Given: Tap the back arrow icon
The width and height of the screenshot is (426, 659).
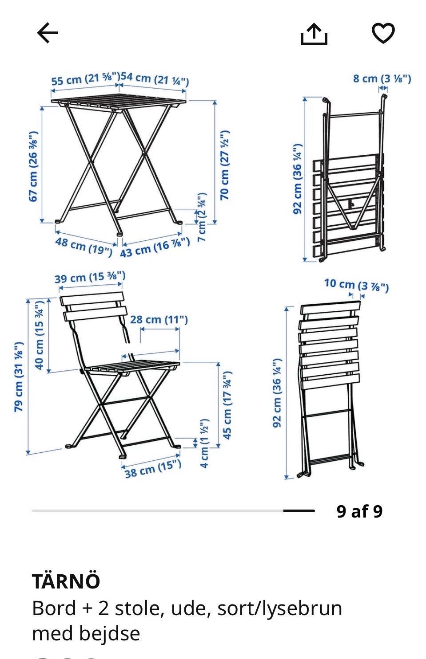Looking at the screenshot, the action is (48, 33).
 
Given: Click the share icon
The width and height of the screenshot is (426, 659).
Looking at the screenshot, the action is (314, 34).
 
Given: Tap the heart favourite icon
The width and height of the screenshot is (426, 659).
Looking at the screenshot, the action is (383, 33).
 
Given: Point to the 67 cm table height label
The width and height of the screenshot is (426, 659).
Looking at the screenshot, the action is (33, 166).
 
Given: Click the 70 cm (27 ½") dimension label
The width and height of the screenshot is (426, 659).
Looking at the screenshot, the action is (225, 165).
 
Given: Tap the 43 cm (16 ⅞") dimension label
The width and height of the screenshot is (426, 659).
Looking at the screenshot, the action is (155, 248).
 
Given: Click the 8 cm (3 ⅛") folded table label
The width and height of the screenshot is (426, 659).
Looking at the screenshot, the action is (382, 78).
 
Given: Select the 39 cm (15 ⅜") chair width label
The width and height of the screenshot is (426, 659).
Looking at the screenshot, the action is (90, 277).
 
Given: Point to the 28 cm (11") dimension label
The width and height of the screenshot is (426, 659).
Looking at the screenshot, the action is (159, 319).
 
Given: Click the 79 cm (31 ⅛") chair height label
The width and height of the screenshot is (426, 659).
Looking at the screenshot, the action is (19, 377).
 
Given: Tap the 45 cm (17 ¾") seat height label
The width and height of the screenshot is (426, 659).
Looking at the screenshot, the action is (227, 405).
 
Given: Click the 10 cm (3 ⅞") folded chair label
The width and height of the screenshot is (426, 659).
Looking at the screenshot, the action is (356, 285).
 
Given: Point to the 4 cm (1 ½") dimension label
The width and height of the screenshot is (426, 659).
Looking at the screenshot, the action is (204, 443).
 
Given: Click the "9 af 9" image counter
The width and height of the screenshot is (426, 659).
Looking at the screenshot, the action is (359, 511).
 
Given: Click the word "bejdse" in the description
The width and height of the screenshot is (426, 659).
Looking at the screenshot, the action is (109, 634).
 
